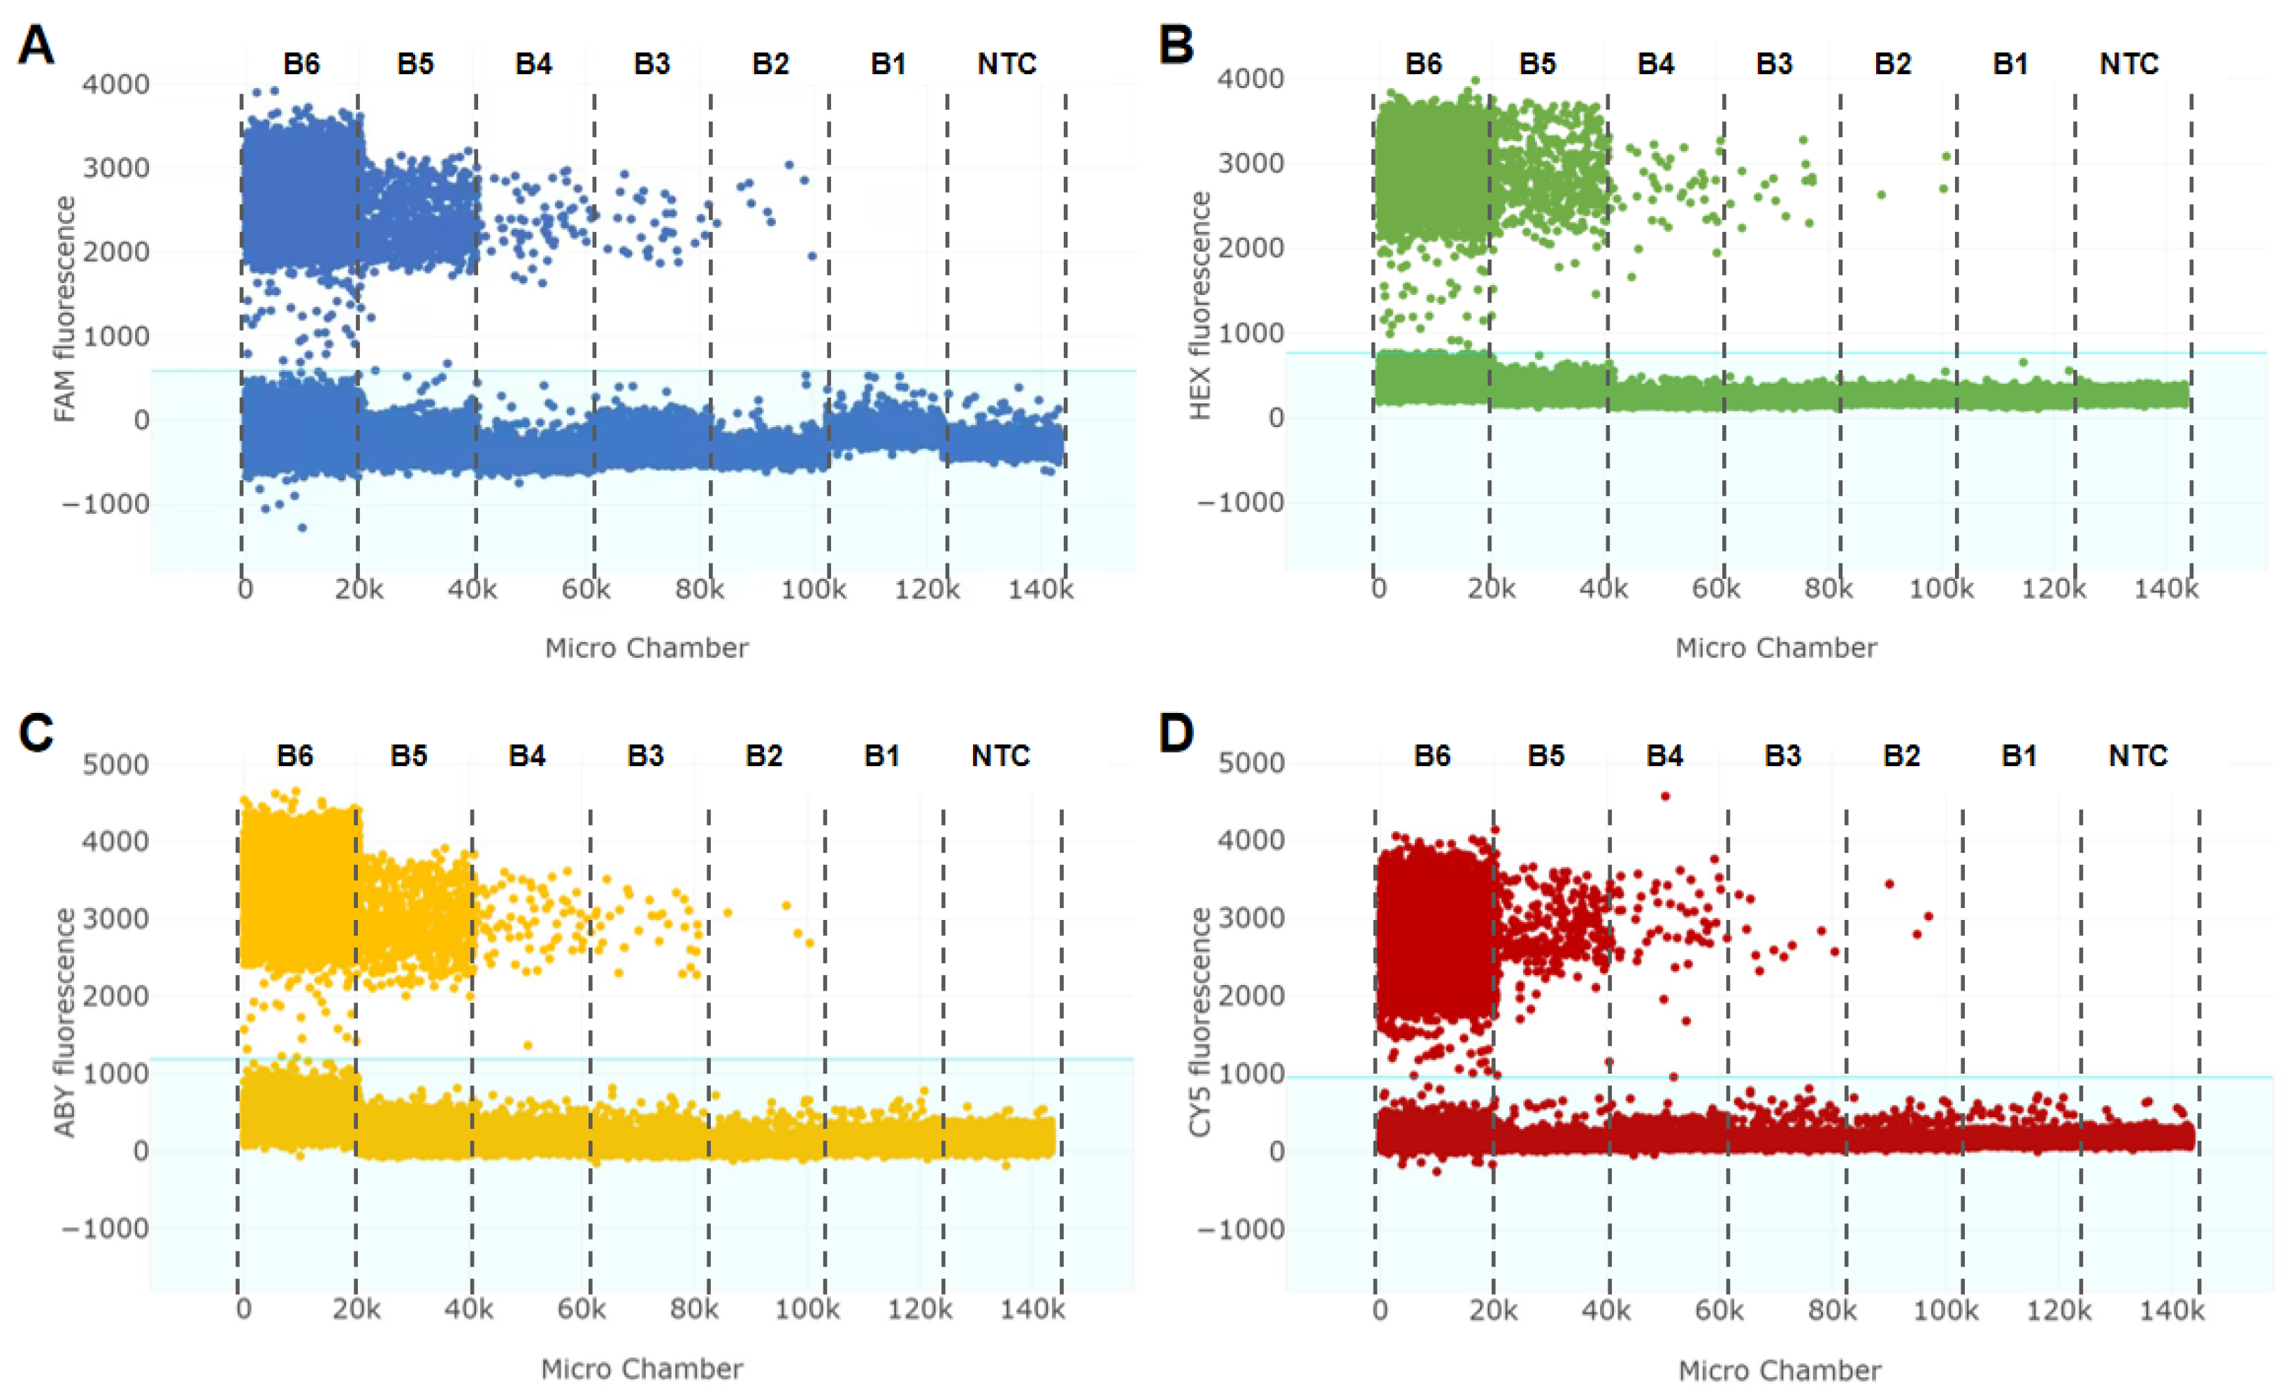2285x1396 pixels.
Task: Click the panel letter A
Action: (x=36, y=45)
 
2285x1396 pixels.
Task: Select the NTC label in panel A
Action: (x=1007, y=64)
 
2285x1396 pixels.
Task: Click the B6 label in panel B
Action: (x=1423, y=64)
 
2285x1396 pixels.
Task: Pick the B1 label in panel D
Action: (x=2019, y=756)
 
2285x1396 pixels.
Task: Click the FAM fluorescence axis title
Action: (x=64, y=310)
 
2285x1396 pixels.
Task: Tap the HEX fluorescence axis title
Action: (x=1200, y=306)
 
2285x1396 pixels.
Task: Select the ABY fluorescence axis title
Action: (x=64, y=1022)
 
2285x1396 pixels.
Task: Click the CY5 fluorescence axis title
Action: (x=1200, y=1022)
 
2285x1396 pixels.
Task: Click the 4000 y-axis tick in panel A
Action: (x=116, y=85)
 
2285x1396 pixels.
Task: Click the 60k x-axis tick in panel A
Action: (x=586, y=589)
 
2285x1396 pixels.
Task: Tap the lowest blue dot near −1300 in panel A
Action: (x=301, y=528)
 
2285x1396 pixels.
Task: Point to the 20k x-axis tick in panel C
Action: (x=356, y=1310)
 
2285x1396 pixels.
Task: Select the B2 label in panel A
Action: (x=770, y=64)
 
